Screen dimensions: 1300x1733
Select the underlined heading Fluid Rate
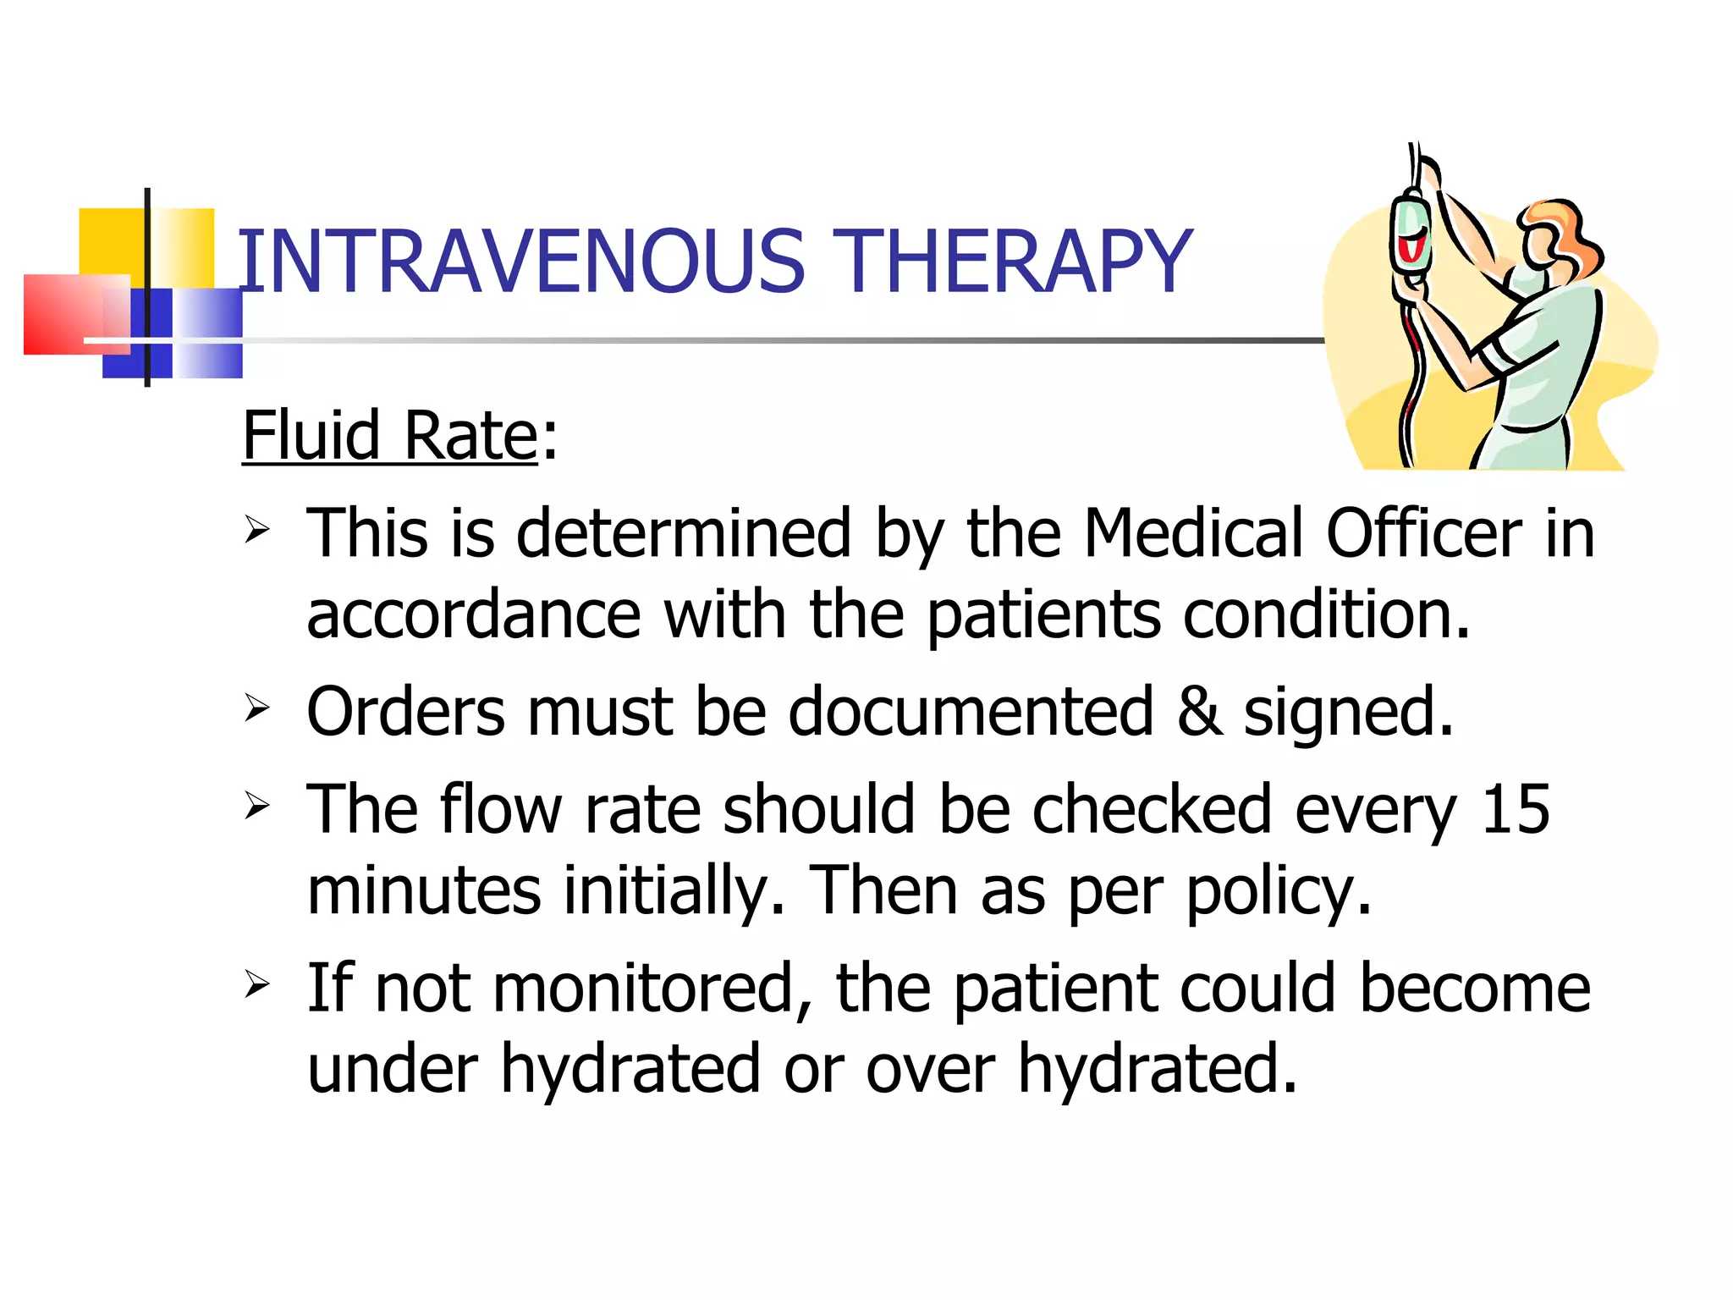pyautogui.click(x=390, y=436)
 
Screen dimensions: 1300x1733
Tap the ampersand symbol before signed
pyautogui.click(x=1200, y=712)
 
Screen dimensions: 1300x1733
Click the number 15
pyautogui.click(x=1516, y=809)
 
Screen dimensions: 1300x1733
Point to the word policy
pyautogui.click(x=1278, y=891)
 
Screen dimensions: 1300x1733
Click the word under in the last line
pyautogui.click(x=393, y=1069)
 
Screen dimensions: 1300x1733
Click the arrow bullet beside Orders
pyautogui.click(x=256, y=708)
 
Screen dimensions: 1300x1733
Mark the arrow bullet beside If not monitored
pyautogui.click(x=256, y=983)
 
